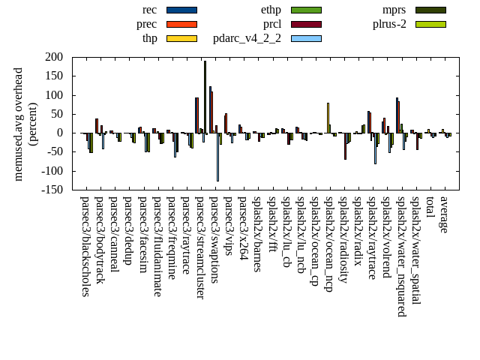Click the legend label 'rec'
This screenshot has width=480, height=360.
coord(149,10)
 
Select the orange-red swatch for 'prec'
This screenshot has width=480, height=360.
coord(181,24)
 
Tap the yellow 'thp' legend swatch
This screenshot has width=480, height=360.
coord(181,38)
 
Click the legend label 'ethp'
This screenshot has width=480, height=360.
coord(271,10)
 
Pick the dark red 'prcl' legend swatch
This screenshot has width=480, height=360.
coord(306,24)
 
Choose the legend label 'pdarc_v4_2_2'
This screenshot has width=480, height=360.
coord(247,38)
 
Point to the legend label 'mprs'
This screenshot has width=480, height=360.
coord(394,10)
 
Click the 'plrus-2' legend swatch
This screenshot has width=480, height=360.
coord(430,24)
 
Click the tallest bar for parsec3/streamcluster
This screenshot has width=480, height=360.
coord(205,96)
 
